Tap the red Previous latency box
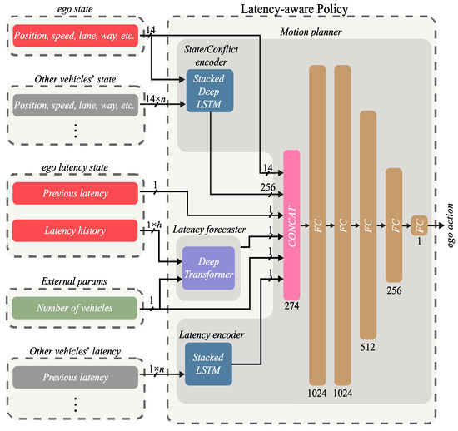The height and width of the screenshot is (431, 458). [x=75, y=195]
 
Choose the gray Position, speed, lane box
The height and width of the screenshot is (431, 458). [x=75, y=105]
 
